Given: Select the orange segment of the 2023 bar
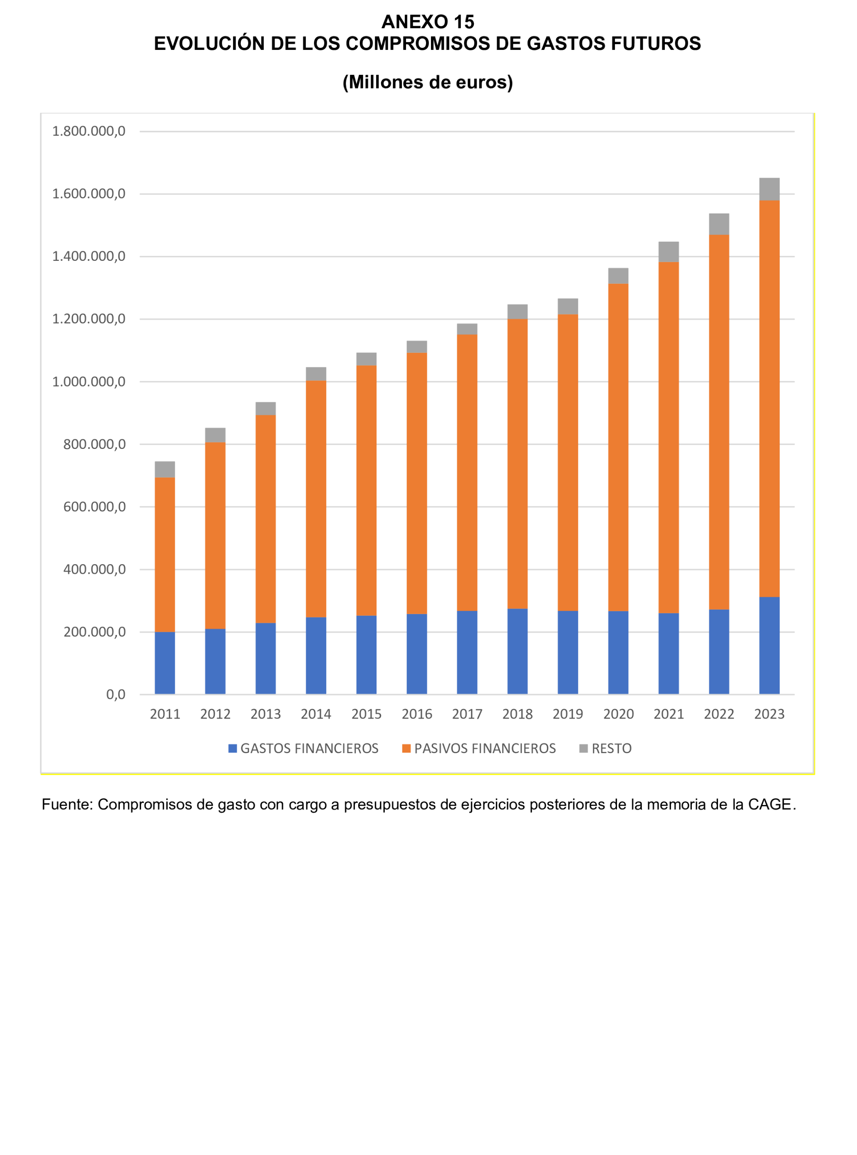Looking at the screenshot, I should click(769, 399).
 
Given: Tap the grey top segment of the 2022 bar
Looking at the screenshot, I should click(718, 224).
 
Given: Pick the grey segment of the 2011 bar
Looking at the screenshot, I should click(165, 469).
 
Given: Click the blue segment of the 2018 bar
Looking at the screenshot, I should click(517, 651).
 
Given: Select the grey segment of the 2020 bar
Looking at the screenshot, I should click(618, 276).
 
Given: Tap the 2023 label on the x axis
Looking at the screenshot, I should click(769, 714).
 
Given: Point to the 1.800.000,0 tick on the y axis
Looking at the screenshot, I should click(89, 131).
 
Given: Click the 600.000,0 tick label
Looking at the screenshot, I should click(94, 507).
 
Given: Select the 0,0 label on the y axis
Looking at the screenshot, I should click(116, 694).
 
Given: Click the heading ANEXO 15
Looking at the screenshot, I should click(428, 22).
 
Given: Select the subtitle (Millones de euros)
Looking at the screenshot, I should click(428, 82).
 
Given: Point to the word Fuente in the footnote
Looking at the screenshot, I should click(67, 805).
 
